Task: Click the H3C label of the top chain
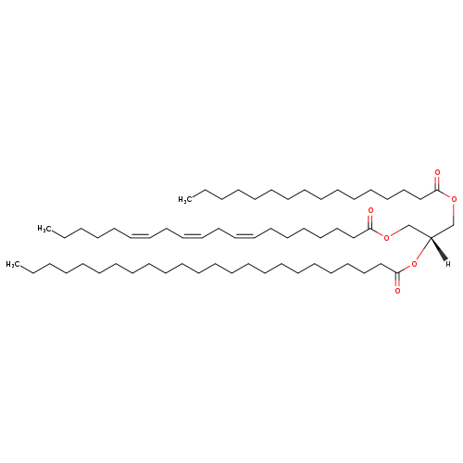point(185,200)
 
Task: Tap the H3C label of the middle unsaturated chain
point(44,229)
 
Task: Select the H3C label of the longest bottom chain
point(13,265)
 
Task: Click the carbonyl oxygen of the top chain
point(437,172)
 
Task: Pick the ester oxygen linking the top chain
point(454,199)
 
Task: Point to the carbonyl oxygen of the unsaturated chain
point(370,211)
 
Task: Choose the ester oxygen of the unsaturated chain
point(386,238)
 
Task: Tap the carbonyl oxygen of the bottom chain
point(397,291)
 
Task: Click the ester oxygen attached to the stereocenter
point(414,264)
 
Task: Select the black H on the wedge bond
point(448,264)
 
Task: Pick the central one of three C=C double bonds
point(193,236)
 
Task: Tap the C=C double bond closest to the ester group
point(244,236)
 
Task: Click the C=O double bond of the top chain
point(437,182)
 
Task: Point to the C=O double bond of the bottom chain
point(397,280)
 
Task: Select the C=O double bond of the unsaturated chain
point(370,221)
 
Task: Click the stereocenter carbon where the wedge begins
point(431,237)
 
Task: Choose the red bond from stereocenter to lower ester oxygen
point(423,248)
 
